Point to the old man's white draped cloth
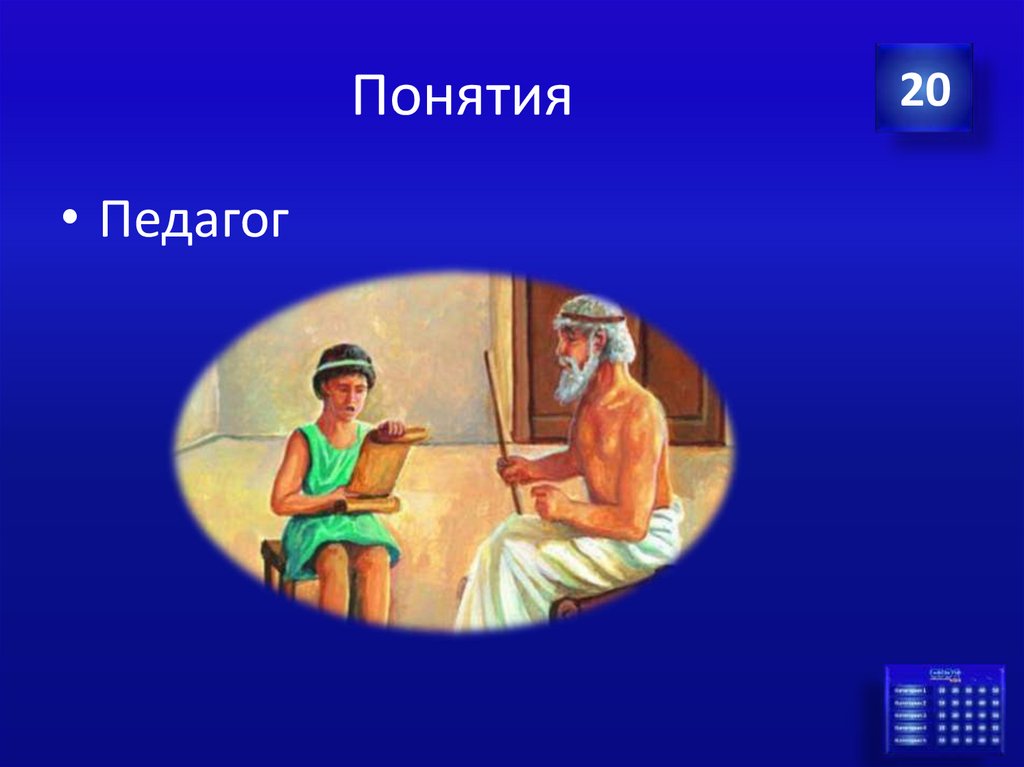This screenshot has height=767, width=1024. click(560, 570)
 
